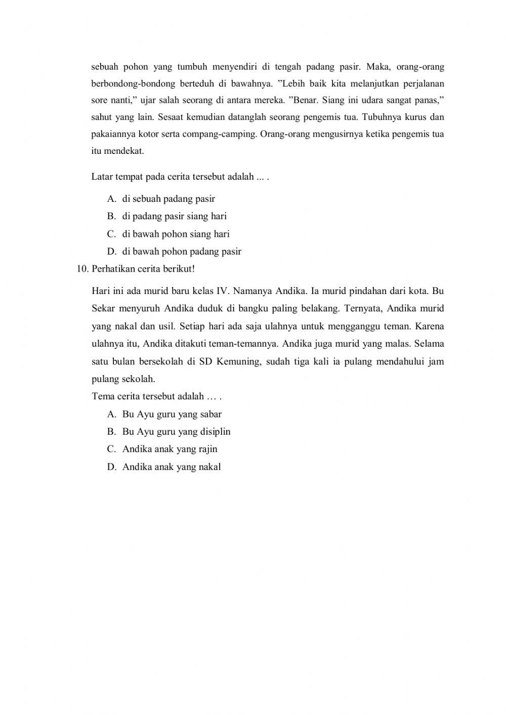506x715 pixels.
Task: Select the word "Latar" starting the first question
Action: pos(102,177)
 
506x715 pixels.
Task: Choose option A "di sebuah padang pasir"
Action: pos(168,199)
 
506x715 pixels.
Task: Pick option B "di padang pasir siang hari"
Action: pos(174,216)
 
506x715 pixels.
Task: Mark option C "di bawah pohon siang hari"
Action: pos(176,234)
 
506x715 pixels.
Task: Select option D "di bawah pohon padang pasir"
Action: pos(182,251)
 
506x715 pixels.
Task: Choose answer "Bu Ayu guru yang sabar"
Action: pos(172,414)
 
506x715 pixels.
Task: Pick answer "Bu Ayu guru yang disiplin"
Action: pos(176,432)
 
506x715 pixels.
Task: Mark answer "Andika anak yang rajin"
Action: pos(170,449)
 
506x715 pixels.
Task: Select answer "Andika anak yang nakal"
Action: pos(172,467)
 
